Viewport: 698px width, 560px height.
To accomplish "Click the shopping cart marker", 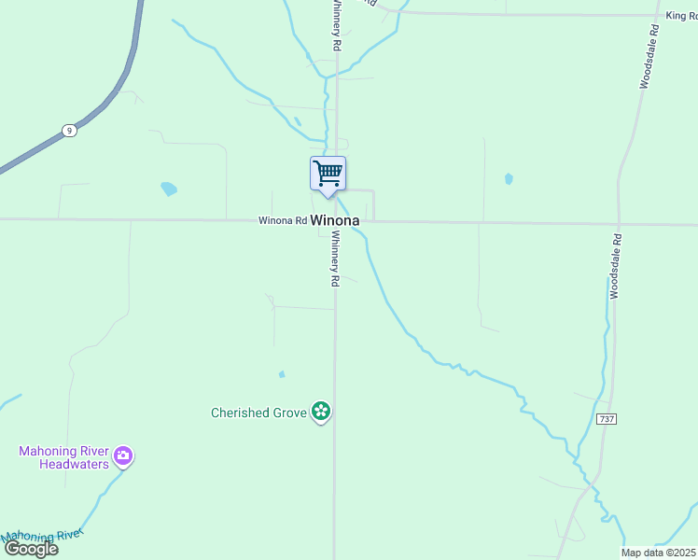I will (328, 175).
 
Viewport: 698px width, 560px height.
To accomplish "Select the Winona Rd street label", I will (283, 221).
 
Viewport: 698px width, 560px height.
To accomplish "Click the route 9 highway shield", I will (69, 131).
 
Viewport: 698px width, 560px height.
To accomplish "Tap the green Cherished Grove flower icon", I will (321, 411).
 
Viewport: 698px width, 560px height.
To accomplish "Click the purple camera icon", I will (123, 456).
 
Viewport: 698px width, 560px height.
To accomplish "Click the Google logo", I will (30, 549).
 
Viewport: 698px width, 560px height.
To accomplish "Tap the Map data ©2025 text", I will (659, 553).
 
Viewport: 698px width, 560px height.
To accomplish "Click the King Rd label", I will (681, 16).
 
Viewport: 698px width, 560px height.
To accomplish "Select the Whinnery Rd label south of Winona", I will (335, 259).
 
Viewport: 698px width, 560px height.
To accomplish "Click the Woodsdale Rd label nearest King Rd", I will (649, 56).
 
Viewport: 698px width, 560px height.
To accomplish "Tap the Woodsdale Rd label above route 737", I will (616, 266).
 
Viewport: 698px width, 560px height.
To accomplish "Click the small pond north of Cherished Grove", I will (282, 375).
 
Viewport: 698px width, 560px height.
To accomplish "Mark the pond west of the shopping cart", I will (169, 189).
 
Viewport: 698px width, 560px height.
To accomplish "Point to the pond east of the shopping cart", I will (509, 178).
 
